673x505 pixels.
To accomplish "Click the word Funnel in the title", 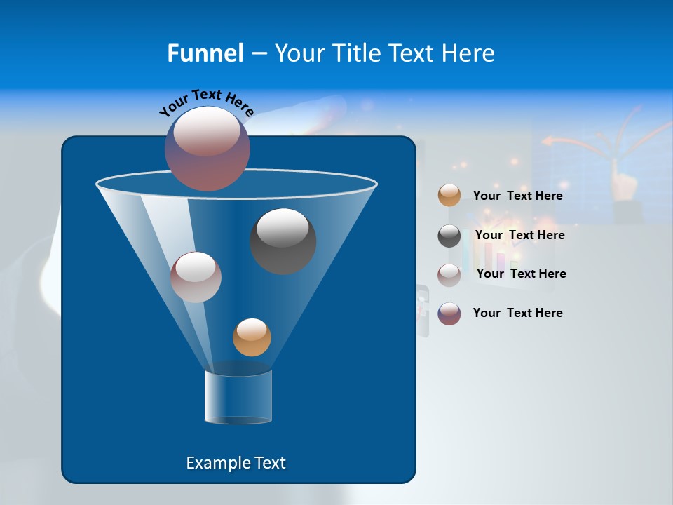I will pyautogui.click(x=205, y=53).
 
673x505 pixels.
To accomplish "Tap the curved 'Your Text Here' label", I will pyautogui.click(x=207, y=102).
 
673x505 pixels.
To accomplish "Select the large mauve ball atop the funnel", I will pyautogui.click(x=208, y=149).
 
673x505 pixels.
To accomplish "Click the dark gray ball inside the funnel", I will pyautogui.click(x=283, y=241).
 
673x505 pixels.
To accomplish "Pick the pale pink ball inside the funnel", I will pyautogui.click(x=196, y=277).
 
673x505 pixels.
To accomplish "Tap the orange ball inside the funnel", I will pyautogui.click(x=252, y=337).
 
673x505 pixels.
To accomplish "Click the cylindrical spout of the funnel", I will pyautogui.click(x=238, y=397).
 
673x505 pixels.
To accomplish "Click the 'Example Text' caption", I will pyautogui.click(x=236, y=463).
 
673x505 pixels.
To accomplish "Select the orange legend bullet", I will pyautogui.click(x=449, y=196).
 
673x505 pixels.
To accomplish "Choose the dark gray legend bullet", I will pyautogui.click(x=449, y=236).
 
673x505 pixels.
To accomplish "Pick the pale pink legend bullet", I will pyautogui.click(x=449, y=275).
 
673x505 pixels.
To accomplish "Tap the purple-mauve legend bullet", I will pyautogui.click(x=449, y=314).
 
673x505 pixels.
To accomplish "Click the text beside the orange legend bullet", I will pyautogui.click(x=517, y=196).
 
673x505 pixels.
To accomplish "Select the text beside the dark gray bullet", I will pyautogui.click(x=519, y=236).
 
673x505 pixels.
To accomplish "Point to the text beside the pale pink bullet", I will pyautogui.click(x=521, y=274).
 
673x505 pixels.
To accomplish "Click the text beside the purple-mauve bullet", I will pyautogui.click(x=517, y=313).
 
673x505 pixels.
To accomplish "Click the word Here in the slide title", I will pyautogui.click(x=469, y=53).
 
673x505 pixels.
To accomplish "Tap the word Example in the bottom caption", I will pyautogui.click(x=215, y=463).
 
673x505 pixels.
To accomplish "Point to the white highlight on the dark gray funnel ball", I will pyautogui.click(x=283, y=228).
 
